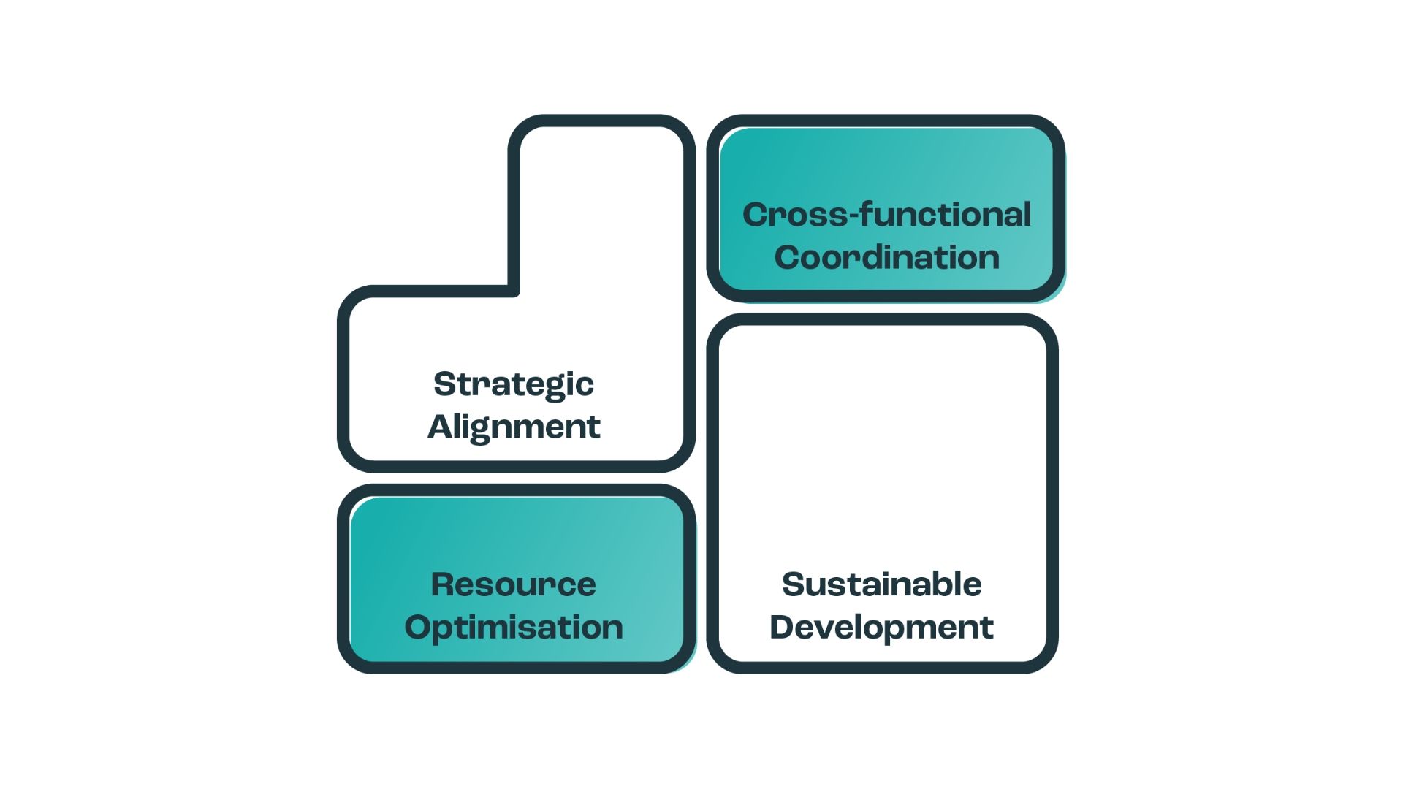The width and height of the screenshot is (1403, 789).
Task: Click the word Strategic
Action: [513, 384]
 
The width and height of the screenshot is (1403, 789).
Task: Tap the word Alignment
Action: [513, 427]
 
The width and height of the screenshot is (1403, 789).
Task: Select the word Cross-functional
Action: [886, 215]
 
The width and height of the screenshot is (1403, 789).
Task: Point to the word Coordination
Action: [886, 257]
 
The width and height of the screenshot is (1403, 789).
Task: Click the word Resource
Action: [513, 584]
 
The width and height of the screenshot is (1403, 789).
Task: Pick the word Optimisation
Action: [513, 627]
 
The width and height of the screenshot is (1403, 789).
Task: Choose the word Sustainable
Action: [881, 584]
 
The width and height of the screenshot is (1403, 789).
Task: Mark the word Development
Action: [881, 627]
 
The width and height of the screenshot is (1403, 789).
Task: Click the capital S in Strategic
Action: [444, 384]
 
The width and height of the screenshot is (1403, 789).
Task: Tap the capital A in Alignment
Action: [441, 427]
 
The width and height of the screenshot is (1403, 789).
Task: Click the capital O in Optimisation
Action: [419, 627]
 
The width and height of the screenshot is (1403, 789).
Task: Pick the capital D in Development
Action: [783, 627]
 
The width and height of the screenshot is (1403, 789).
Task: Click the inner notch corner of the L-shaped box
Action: [514, 291]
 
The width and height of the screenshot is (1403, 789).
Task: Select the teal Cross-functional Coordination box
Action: [886, 168]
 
